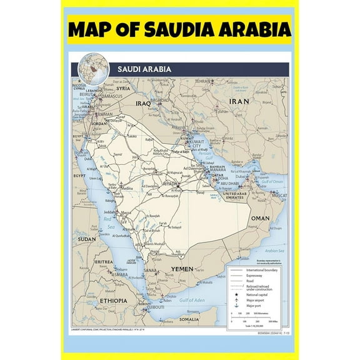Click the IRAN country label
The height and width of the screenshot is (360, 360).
pyautogui.click(x=239, y=101)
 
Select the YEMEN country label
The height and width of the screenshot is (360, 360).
pyautogui.click(x=183, y=269)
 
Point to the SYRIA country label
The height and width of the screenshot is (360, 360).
pyautogui.click(x=124, y=88)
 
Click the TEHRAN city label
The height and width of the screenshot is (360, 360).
pyautogui.click(x=202, y=81)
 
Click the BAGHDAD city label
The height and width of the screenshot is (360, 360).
pyautogui.click(x=161, y=100)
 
